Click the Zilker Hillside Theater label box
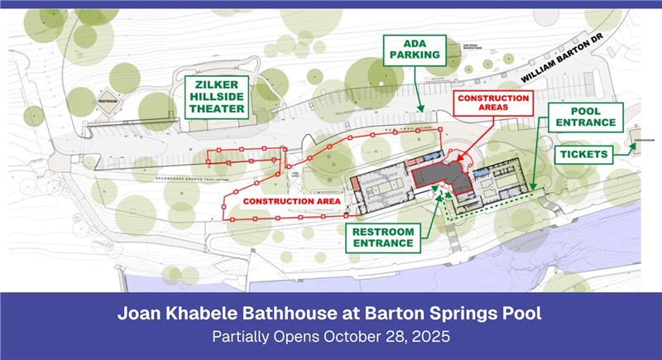tap(214, 97)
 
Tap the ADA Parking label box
tap(415, 50)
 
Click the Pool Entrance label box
tap(582, 117)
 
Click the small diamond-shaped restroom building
tap(109, 106)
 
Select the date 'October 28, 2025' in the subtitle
tap(388, 338)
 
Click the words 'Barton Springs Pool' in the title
tap(464, 315)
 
